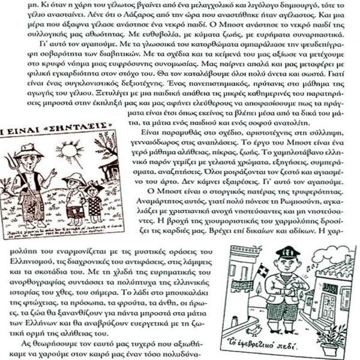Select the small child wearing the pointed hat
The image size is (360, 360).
(x=74, y=195)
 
